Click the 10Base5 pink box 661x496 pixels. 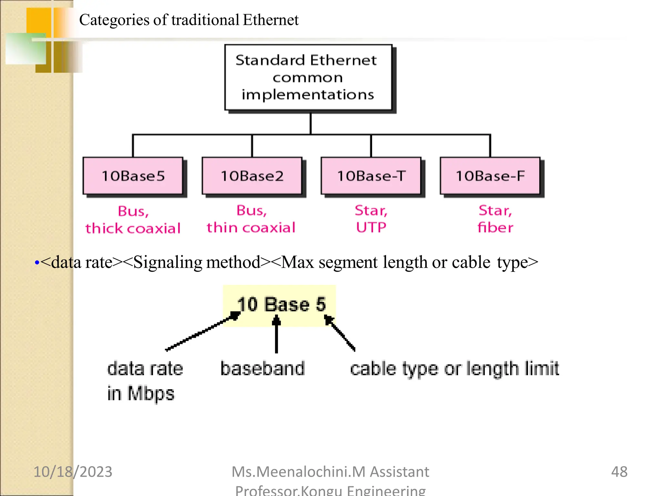pos(133,176)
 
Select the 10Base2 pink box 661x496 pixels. pos(252,176)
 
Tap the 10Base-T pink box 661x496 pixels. pos(371,176)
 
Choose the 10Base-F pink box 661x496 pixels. pos(490,176)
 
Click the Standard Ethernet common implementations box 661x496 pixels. pos(308,77)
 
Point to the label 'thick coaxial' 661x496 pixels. pos(133,228)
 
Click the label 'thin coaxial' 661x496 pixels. pos(251,227)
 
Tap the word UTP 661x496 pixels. pos(371,227)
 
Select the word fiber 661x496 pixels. pos(495,227)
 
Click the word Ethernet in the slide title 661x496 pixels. pos(270,20)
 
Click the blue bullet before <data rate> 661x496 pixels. pos(37,263)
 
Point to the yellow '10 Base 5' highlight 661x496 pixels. pos(280,305)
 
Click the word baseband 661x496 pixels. pos(263,368)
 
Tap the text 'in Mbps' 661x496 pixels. pos(141,393)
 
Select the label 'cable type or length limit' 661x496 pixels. pos(454,368)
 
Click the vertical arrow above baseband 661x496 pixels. pos(276,334)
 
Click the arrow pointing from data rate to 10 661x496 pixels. pos(202,332)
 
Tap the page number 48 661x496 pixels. pos(619,471)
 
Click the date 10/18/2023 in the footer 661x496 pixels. pos(73,471)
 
